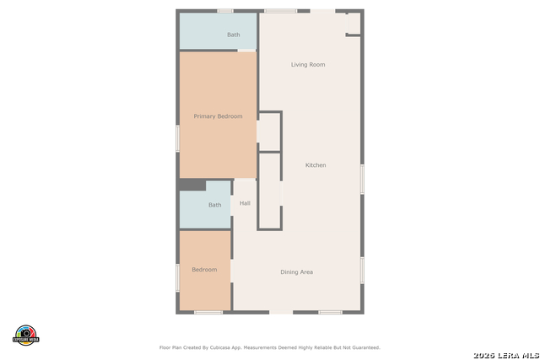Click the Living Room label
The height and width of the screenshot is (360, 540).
pyautogui.click(x=308, y=65)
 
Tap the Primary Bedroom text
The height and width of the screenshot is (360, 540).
pyautogui.click(x=218, y=116)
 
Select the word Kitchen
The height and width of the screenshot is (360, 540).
pyautogui.click(x=316, y=165)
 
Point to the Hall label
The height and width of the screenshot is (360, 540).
pyautogui.click(x=245, y=203)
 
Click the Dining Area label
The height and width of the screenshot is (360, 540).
pyautogui.click(x=297, y=272)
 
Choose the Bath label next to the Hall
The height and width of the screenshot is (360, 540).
pyautogui.click(x=215, y=205)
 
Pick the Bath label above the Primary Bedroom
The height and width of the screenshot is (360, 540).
pyautogui.click(x=234, y=35)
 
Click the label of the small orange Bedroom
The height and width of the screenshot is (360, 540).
pyautogui.click(x=204, y=270)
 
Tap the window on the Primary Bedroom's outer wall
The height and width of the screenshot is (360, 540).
pyautogui.click(x=177, y=138)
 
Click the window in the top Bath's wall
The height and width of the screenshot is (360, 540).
pyautogui.click(x=225, y=11)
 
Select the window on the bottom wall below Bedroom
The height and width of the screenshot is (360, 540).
pyautogui.click(x=208, y=313)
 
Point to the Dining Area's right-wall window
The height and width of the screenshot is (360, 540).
pyautogui.click(x=363, y=269)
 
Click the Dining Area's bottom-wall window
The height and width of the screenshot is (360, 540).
pyautogui.click(x=330, y=313)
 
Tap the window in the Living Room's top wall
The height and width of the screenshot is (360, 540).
pyautogui.click(x=280, y=11)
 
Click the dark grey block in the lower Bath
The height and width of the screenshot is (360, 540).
pyautogui.click(x=192, y=185)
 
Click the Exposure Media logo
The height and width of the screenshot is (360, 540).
pyautogui.click(x=26, y=334)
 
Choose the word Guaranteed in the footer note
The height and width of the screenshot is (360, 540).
pyautogui.click(x=364, y=347)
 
